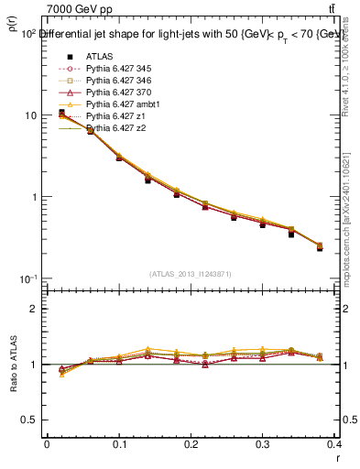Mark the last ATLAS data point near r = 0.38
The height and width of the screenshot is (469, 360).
pos(320,248)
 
